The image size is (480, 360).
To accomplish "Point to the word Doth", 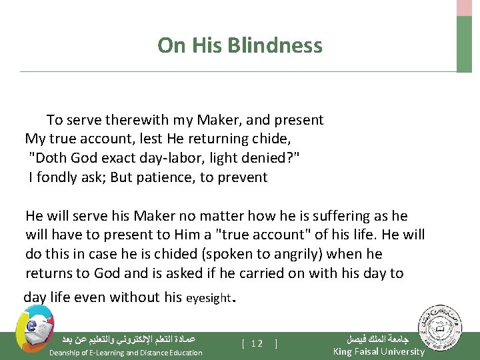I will click(50, 159).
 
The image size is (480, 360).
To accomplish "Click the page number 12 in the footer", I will click(257, 343).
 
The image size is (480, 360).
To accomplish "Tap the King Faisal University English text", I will click(378, 351).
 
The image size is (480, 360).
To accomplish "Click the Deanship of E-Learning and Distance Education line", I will click(125, 352).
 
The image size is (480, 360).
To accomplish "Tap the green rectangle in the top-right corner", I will click(464, 43).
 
